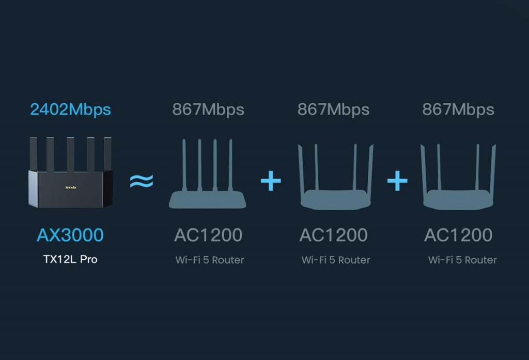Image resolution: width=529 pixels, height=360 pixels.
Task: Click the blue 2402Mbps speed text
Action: [70, 109]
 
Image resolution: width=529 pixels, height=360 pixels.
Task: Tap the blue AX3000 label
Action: [70, 235]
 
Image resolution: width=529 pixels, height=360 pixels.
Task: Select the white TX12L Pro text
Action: [70, 259]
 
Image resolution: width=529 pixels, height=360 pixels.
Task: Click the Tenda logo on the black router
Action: [70, 187]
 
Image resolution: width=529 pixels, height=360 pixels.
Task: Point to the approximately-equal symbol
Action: [142, 181]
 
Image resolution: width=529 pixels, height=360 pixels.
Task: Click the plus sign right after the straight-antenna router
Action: [271, 181]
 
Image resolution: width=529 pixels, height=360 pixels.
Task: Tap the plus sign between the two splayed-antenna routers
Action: [397, 181]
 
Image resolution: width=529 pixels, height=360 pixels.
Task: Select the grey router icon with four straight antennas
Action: [208, 199]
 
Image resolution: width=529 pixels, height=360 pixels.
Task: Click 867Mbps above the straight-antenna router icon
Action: [208, 109]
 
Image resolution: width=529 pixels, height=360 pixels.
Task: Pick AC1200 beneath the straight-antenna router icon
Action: [208, 235]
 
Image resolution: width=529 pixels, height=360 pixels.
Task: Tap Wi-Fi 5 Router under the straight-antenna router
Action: [210, 260]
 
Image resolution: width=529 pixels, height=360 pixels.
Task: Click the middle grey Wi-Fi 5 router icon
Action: [335, 200]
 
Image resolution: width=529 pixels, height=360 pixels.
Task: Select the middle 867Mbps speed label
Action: [333, 109]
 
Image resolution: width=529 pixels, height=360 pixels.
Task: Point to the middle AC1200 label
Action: [333, 235]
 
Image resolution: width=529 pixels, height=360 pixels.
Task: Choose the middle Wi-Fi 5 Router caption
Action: [336, 260]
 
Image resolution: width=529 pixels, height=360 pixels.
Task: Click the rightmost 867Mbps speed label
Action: [458, 109]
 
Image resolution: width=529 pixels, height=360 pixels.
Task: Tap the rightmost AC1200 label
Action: [458, 235]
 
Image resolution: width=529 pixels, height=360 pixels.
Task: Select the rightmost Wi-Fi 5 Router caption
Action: [462, 260]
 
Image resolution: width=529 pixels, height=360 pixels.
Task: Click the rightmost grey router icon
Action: [458, 200]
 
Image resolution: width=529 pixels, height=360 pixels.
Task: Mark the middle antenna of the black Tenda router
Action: [70, 154]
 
